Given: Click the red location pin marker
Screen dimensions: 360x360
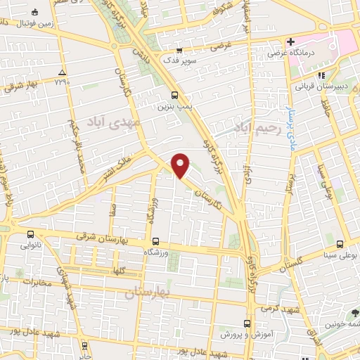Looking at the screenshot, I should tap(181, 165).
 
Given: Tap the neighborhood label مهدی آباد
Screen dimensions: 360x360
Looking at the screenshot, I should tap(109, 122).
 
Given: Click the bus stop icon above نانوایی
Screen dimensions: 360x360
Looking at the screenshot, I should tap(30, 235).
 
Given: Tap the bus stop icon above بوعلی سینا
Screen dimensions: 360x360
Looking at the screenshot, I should tap(340, 244).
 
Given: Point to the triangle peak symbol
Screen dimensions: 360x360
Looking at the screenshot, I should tap(63, 72).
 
